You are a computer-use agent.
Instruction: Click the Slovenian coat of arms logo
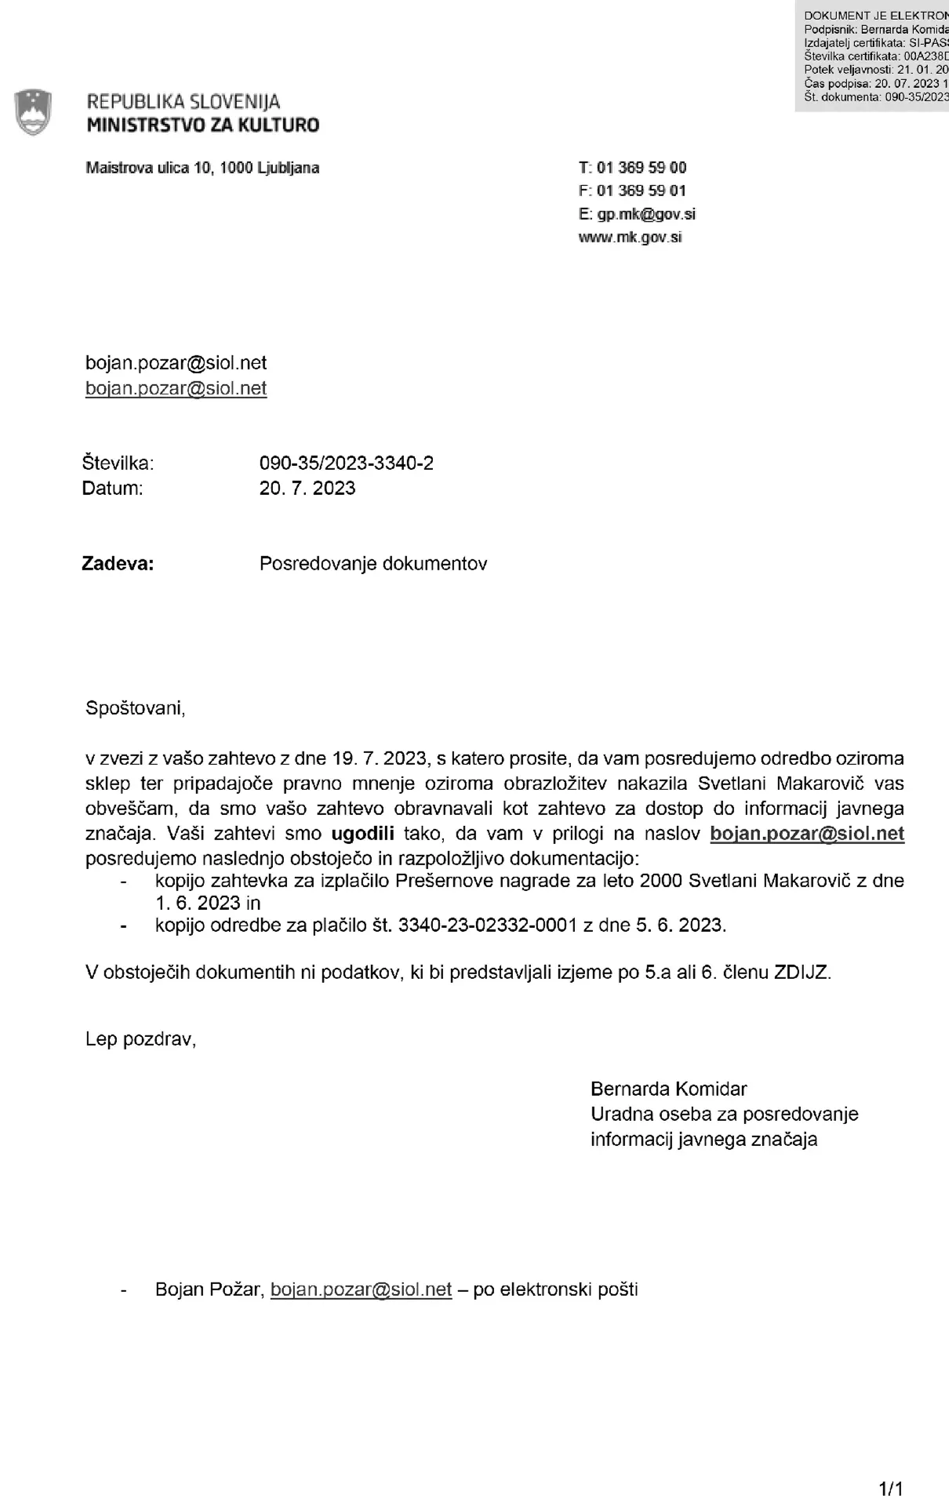(x=33, y=113)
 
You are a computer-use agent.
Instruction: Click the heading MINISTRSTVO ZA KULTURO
(x=202, y=125)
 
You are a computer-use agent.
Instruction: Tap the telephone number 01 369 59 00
(x=641, y=167)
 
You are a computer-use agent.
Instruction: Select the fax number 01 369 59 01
(x=641, y=191)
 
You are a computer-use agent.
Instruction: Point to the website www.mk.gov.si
(x=630, y=237)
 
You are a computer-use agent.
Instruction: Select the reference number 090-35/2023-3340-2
(x=346, y=463)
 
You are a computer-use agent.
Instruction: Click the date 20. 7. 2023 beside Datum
(x=307, y=488)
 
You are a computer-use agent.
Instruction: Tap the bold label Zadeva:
(x=118, y=563)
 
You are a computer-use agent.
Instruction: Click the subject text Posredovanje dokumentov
(x=373, y=563)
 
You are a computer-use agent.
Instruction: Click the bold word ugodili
(x=362, y=833)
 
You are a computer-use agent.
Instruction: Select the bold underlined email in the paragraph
(x=806, y=833)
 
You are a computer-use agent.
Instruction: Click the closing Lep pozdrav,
(x=140, y=1039)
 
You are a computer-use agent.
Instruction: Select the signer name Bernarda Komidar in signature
(x=668, y=1089)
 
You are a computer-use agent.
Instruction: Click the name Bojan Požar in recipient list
(x=207, y=1289)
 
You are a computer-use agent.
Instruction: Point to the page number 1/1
(x=892, y=1489)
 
